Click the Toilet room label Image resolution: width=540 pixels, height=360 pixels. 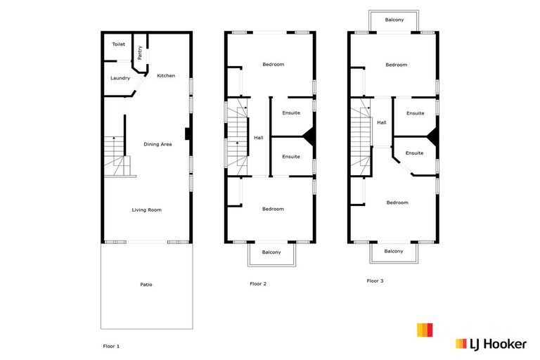[x=118, y=44]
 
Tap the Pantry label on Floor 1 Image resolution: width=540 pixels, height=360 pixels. [x=140, y=52]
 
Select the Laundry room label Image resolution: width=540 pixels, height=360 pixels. [x=120, y=78]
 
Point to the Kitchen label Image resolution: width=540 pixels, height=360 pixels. [x=166, y=76]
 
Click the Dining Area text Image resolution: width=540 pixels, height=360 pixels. [x=157, y=144]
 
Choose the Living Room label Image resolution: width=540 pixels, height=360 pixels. [x=147, y=210]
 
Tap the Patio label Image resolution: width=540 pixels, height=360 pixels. [x=146, y=284]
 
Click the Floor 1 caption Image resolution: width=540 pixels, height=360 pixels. [x=112, y=346]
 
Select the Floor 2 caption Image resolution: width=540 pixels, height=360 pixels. [x=258, y=284]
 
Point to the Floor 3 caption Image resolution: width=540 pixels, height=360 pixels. [x=375, y=281]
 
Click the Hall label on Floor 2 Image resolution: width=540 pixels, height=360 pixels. [x=259, y=137]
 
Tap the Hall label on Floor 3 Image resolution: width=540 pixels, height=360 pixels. [x=382, y=122]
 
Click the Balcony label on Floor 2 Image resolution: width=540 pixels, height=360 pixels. [x=271, y=252]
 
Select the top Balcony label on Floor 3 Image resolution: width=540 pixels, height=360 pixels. [x=394, y=20]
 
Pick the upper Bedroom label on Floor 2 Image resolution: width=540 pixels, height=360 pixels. [x=273, y=65]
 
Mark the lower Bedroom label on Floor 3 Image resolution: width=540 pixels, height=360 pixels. [x=397, y=202]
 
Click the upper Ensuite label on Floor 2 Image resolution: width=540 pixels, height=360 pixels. [x=291, y=112]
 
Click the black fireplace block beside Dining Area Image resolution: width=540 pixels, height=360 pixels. [x=187, y=134]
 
